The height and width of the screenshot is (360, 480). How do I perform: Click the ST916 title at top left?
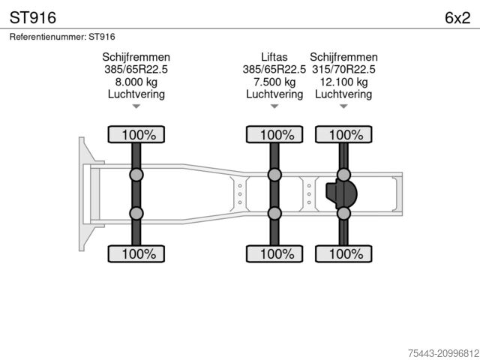click(33, 18)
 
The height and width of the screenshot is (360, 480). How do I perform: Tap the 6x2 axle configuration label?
click(457, 18)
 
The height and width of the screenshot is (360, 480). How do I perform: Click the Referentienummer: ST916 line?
click(62, 37)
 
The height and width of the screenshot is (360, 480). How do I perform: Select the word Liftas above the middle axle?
click(274, 57)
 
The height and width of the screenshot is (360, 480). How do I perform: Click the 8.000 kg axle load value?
click(136, 82)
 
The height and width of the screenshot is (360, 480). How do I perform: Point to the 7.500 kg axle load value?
click(274, 82)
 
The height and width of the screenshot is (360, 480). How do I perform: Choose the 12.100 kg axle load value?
click(343, 82)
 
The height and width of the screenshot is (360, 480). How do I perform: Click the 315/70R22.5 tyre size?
click(343, 70)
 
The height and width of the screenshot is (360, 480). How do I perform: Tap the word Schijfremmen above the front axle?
click(136, 57)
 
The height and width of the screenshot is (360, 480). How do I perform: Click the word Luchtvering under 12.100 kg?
click(343, 94)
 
